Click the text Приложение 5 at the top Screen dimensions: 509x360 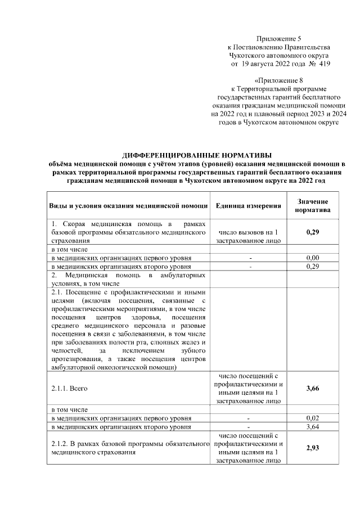tap(278, 38)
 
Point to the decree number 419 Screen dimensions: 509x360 tap(324, 65)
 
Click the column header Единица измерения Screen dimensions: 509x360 tap(249, 205)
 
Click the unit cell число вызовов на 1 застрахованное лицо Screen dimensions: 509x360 tap(249, 236)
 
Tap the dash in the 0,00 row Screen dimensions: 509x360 tap(249, 258)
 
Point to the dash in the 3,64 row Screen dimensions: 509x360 tap(249, 427)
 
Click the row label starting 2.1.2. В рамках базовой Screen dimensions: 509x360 tap(127, 448)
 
